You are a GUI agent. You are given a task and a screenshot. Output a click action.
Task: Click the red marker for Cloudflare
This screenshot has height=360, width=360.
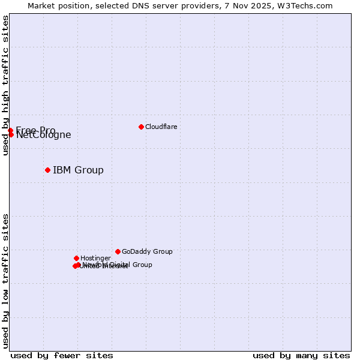[141, 127]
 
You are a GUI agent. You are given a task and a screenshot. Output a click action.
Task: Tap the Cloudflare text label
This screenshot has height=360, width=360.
[161, 127]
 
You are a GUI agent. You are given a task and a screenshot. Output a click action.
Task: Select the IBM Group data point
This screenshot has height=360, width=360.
[47, 170]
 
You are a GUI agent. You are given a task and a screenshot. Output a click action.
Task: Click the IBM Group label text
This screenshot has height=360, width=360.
[78, 170]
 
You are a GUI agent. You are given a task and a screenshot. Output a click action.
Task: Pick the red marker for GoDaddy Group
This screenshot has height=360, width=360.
[118, 251]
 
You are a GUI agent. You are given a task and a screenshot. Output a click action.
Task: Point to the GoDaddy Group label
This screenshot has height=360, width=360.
[147, 251]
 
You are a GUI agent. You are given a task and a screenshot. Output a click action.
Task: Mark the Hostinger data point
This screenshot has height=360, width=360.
[76, 258]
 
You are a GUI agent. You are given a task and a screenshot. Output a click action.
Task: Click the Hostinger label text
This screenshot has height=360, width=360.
[95, 258]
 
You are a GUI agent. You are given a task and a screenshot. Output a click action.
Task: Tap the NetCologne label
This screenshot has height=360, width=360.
[44, 135]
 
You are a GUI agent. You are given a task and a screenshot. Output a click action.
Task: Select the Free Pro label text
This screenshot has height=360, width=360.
[35, 130]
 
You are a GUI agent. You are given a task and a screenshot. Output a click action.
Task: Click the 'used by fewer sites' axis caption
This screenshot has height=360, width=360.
[62, 355]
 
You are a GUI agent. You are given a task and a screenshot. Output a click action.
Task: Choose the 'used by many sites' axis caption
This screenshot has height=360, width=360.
[301, 355]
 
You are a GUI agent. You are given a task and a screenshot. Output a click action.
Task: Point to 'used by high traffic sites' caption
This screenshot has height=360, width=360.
[5, 85]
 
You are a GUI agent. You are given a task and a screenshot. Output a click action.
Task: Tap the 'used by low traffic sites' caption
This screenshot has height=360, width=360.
[5, 280]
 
